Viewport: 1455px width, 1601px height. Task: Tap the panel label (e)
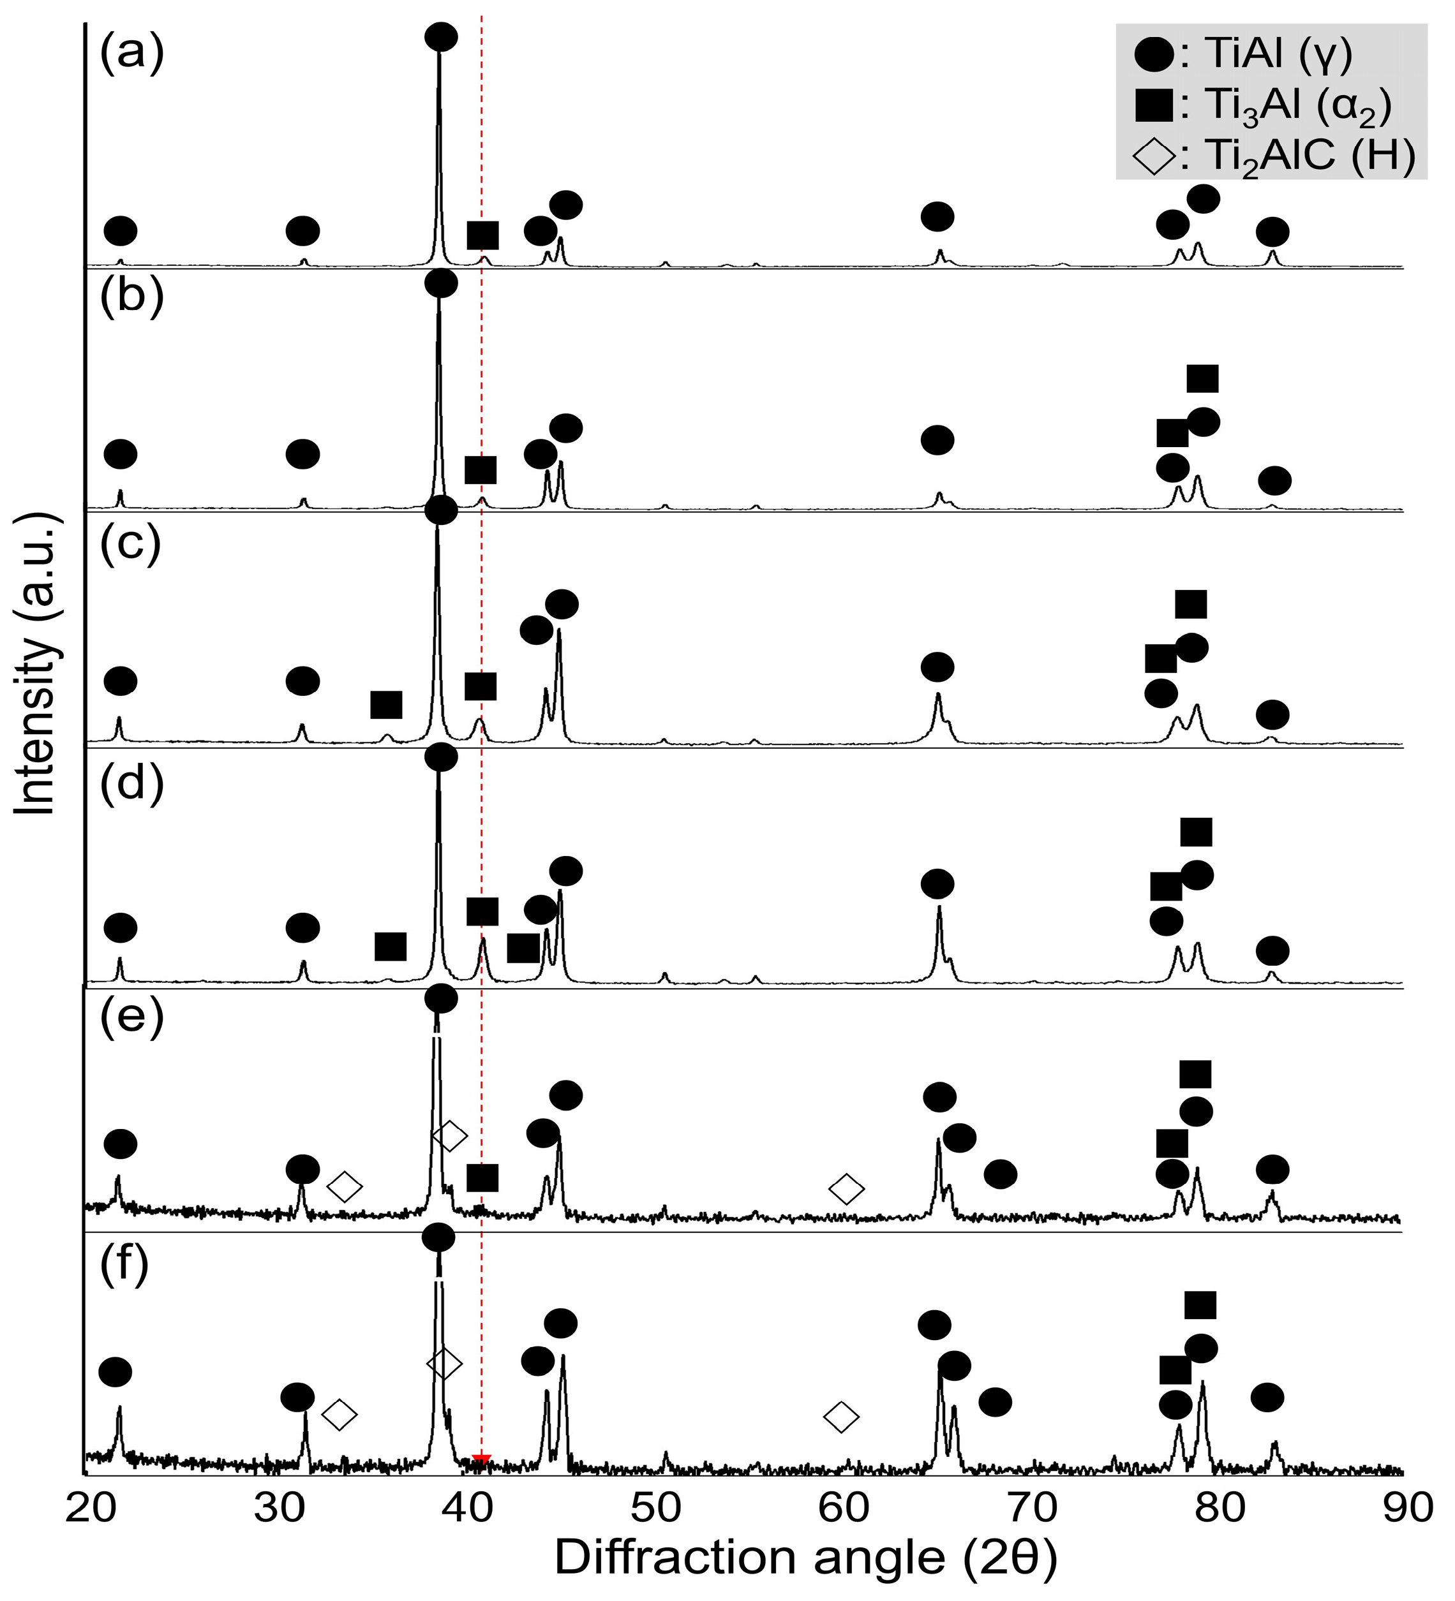pyautogui.click(x=131, y=1014)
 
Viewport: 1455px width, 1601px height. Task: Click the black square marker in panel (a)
pyautogui.click(x=482, y=235)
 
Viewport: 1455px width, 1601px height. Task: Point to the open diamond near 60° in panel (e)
pyautogui.click(x=846, y=1189)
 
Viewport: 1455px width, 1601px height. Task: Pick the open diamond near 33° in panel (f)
pyautogui.click(x=339, y=1413)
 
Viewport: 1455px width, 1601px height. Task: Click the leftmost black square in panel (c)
pyautogui.click(x=386, y=704)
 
